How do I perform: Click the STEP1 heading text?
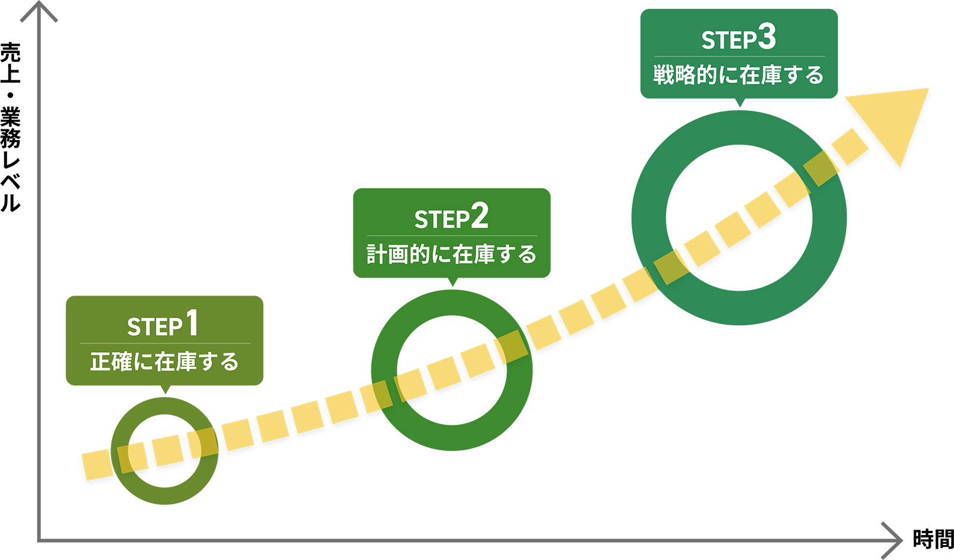[163, 325]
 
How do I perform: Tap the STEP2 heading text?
[451, 217]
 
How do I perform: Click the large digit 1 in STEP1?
[191, 323]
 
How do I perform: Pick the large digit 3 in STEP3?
[767, 36]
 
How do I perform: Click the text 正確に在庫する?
[164, 362]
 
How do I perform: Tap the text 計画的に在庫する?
[451, 254]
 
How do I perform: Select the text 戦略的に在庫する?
[739, 75]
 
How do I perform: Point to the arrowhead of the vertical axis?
[39, 9]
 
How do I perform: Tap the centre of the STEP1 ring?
[165, 451]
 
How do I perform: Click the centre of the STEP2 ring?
[452, 370]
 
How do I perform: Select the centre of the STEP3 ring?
[739, 217]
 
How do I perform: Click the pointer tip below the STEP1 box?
[165, 393]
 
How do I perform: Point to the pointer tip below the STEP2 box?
[452, 285]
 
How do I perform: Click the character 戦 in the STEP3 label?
[663, 75]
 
